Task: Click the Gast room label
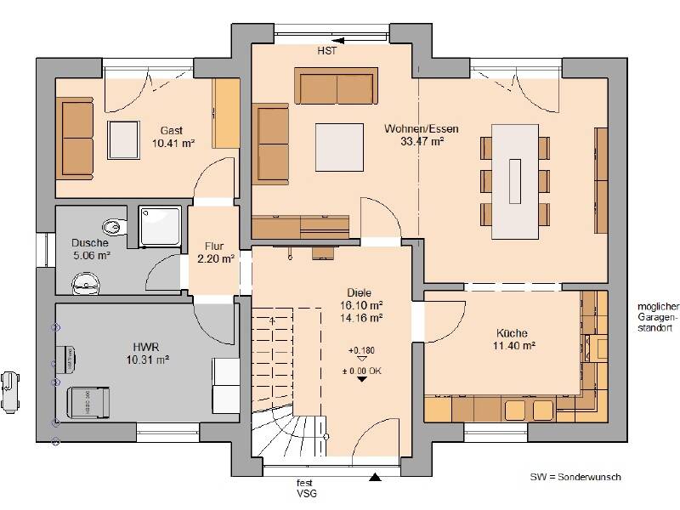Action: (172, 130)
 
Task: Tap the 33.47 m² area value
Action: (422, 141)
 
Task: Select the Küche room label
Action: (512, 333)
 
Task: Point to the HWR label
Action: (145, 347)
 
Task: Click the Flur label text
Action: (214, 246)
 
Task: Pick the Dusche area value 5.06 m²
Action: (92, 256)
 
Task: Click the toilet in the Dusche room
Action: (115, 226)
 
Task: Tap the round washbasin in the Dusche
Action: (86, 283)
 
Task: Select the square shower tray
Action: (160, 227)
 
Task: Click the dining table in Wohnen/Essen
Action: (515, 181)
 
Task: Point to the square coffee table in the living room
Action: (339, 147)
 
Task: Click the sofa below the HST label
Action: (336, 86)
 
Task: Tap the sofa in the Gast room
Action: (75, 138)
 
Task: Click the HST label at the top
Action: (326, 51)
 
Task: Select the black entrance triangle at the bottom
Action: (375, 477)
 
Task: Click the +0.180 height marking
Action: (361, 350)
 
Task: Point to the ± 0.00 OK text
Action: (362, 371)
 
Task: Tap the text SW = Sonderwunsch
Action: (575, 477)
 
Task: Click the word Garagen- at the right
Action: (657, 317)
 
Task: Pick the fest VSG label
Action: (306, 488)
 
